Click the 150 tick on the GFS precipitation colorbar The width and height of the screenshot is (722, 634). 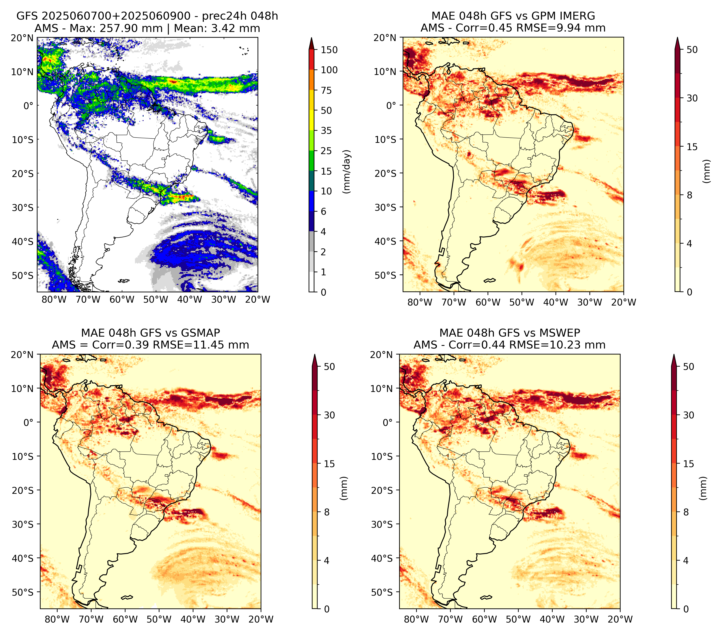[329, 50]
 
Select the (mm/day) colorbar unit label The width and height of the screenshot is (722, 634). [347, 172]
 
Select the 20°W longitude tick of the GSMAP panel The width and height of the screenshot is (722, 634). [261, 619]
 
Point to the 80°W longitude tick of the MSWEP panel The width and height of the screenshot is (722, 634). [416, 619]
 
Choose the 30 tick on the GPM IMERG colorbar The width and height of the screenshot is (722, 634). [692, 98]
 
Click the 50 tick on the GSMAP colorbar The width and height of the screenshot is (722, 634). [329, 367]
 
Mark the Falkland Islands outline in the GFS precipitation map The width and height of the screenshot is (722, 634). [124, 281]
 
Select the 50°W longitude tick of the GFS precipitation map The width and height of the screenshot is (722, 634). [156, 299]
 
